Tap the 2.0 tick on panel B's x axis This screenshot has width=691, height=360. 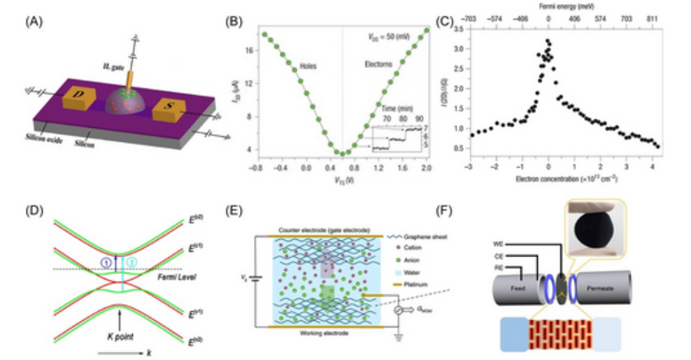[425, 168]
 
